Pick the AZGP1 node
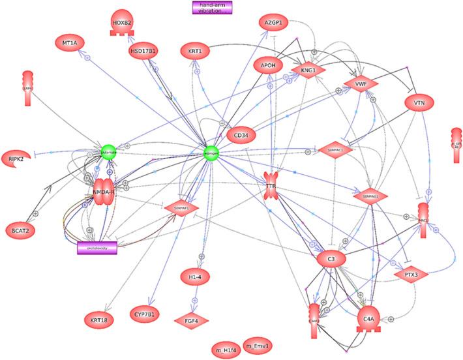click(275, 22)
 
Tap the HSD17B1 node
click(145, 52)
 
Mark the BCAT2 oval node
click(22, 229)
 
